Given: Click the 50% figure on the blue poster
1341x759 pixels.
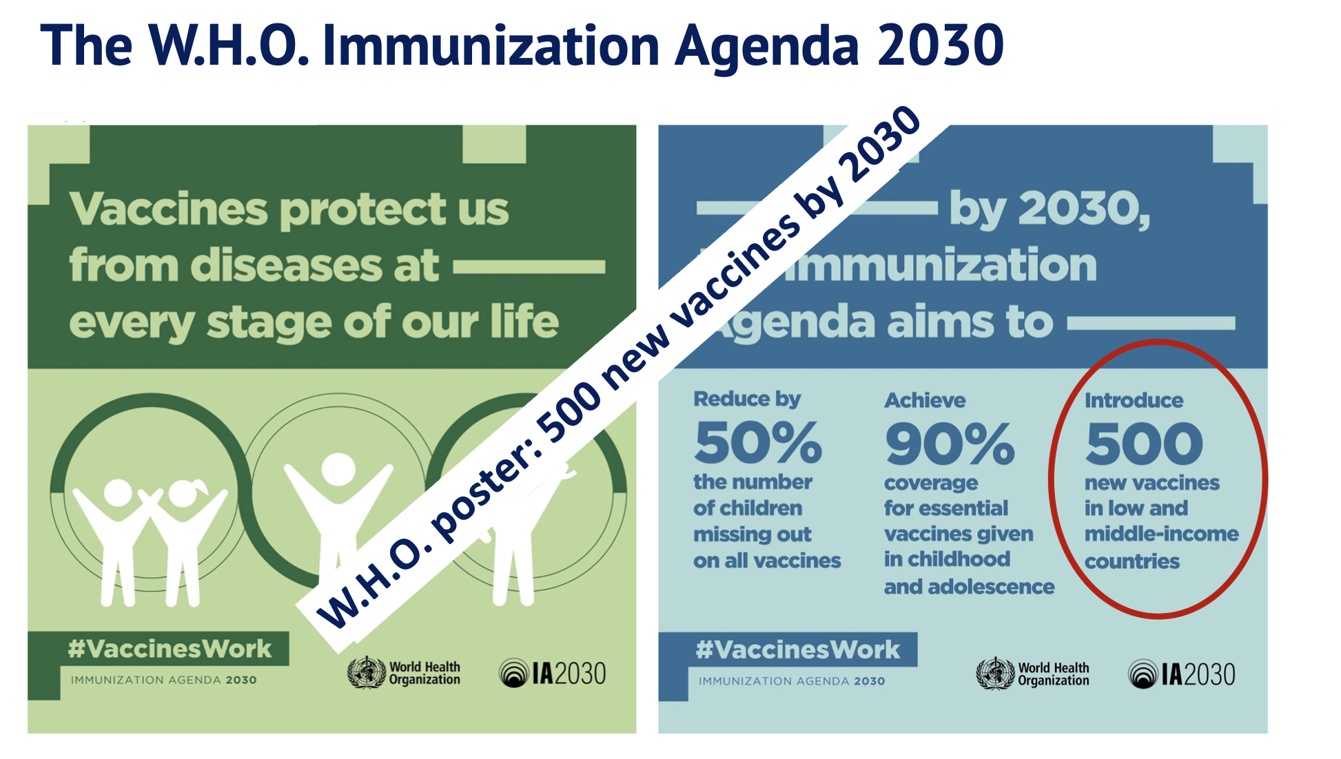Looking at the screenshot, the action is (x=758, y=442).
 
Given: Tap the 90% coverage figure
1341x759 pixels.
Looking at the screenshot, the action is (x=950, y=444).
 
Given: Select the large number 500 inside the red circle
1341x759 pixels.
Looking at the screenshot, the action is (x=1144, y=444).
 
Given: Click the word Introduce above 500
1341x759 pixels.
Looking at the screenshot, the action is (x=1134, y=400).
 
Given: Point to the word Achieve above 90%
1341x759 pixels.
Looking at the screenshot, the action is (x=925, y=400).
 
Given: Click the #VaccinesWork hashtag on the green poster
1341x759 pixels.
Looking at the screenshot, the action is (x=170, y=649).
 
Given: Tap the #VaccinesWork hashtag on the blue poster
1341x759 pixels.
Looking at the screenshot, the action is (x=797, y=649).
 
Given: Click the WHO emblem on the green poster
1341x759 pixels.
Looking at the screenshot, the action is (x=366, y=672).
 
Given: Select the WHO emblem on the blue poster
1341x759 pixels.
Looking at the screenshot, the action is (x=995, y=674).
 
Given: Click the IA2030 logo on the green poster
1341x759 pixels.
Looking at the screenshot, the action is (x=553, y=673).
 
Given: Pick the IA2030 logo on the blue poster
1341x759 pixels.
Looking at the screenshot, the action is (x=1182, y=674).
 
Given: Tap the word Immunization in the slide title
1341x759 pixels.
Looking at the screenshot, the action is (x=491, y=45).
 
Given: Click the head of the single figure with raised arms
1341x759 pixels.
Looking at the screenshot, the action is (x=338, y=470).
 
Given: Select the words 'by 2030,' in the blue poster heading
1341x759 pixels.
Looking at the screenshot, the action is (x=1050, y=209).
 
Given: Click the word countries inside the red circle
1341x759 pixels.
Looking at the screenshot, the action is (x=1132, y=561).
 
